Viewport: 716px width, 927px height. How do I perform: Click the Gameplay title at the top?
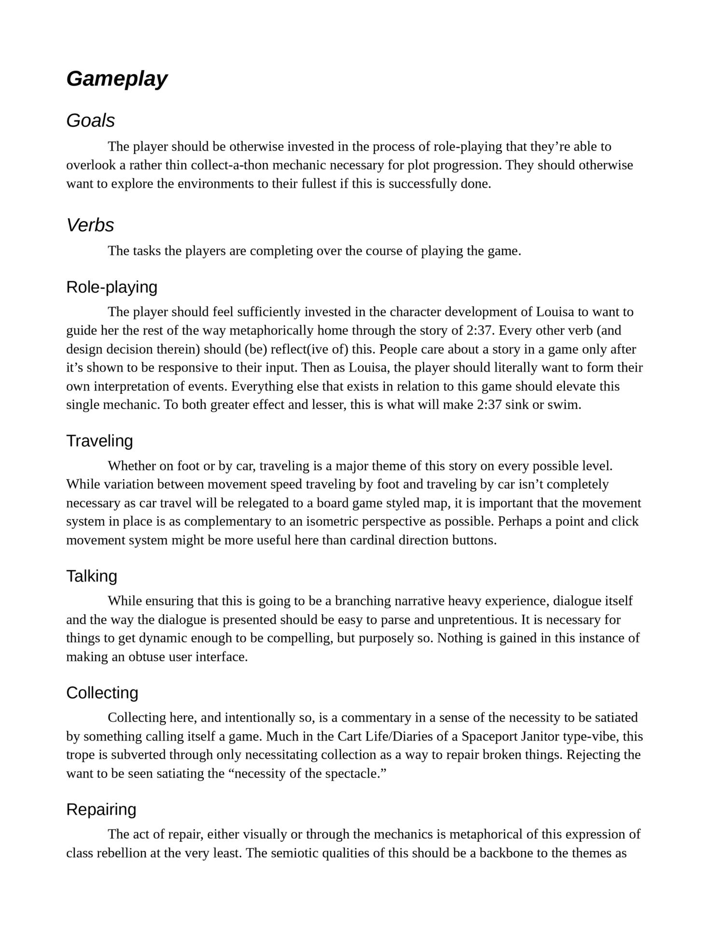tap(117, 79)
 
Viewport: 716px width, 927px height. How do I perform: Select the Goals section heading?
tap(90, 121)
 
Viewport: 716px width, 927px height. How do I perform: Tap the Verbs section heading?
tap(90, 225)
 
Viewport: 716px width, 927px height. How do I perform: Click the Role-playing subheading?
tap(112, 287)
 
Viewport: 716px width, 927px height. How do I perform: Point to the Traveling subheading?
tap(99, 441)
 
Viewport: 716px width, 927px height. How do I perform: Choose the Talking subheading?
tap(92, 576)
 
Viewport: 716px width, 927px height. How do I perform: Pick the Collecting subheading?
tap(102, 693)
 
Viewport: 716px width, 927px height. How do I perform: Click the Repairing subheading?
tap(101, 809)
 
